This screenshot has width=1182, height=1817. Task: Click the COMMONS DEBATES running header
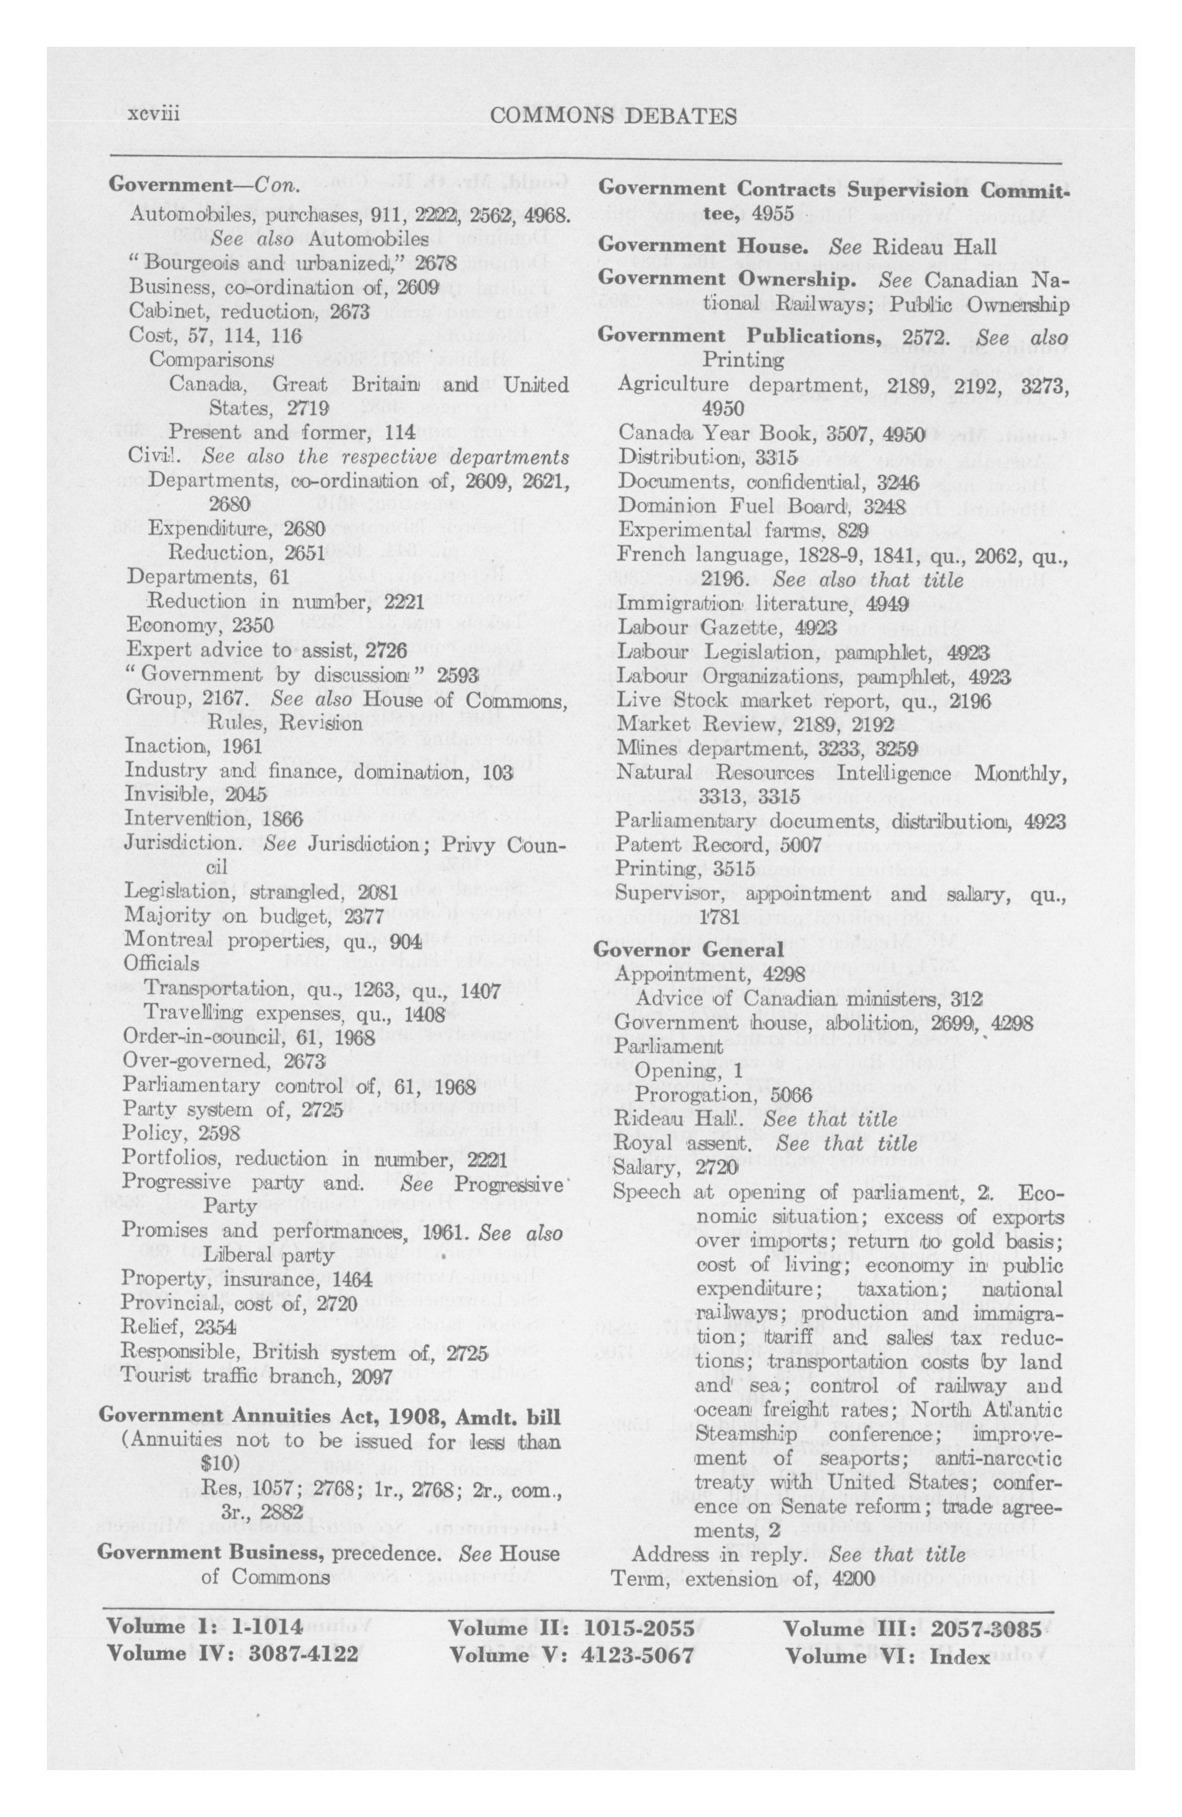point(615,116)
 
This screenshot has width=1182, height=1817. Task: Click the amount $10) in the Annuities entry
point(221,1463)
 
